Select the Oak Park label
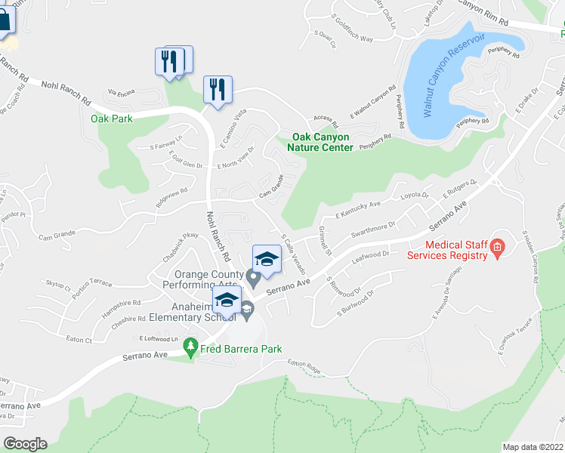(112, 119)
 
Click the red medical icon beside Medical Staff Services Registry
(497, 247)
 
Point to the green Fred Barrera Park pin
(190, 349)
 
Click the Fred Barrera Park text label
(240, 349)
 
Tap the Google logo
(25, 443)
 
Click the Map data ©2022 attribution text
(533, 447)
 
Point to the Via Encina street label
(121, 93)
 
